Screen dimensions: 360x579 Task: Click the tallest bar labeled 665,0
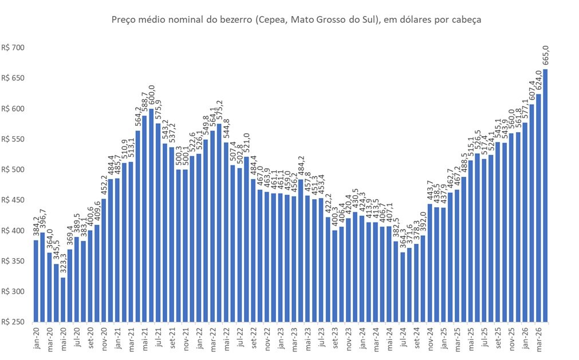tap(545, 195)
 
